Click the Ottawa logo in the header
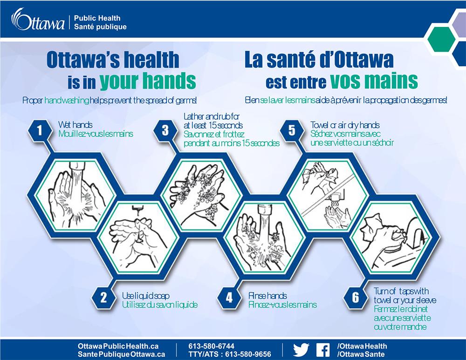tap(38, 20)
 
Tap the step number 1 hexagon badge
tap(40, 130)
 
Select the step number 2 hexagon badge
tap(103, 297)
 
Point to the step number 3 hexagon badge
tap(165, 130)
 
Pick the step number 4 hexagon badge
tap(229, 297)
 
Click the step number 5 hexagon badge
tap(292, 130)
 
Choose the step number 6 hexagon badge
tap(356, 297)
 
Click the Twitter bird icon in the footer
tap(301, 350)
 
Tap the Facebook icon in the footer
tap(323, 350)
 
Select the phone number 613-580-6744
tap(211, 346)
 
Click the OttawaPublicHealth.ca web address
tap(118, 346)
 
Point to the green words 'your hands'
tap(148, 81)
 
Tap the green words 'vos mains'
tap(374, 81)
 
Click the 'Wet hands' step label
tap(75, 124)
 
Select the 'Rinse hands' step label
tap(267, 296)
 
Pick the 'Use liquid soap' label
tap(145, 296)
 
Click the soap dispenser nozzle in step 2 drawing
tap(137, 210)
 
